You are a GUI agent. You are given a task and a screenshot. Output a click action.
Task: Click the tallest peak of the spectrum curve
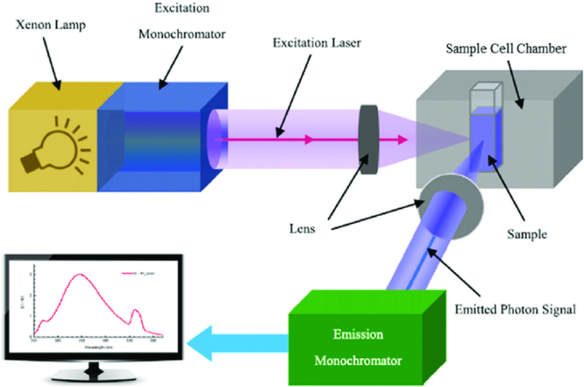80,274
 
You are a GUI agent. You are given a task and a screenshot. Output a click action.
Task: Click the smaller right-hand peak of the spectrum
135,310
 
